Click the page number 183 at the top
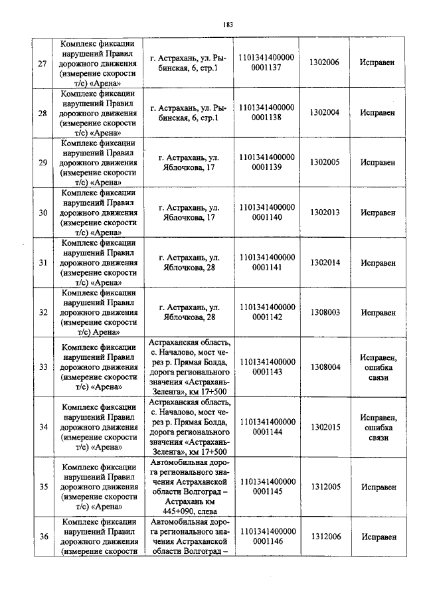click(x=228, y=25)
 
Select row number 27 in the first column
click(x=42, y=63)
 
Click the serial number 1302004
click(x=324, y=113)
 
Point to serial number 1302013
click(x=324, y=213)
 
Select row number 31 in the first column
click(x=42, y=263)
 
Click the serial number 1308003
click(x=324, y=312)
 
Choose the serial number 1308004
click(x=324, y=367)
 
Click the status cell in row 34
click(x=378, y=427)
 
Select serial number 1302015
click(x=324, y=427)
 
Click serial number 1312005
click(x=324, y=487)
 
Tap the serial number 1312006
click(x=324, y=537)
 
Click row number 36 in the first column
click(x=42, y=537)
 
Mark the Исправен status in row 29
click(x=378, y=162)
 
